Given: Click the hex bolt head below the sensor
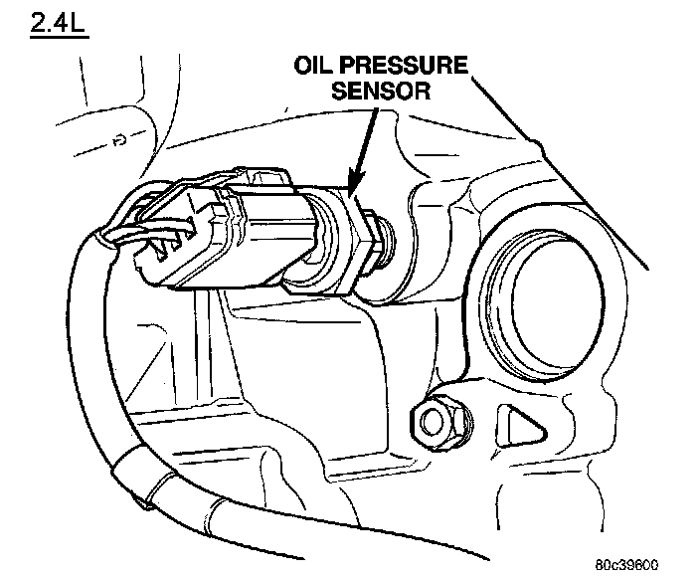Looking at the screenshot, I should point(433,421).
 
